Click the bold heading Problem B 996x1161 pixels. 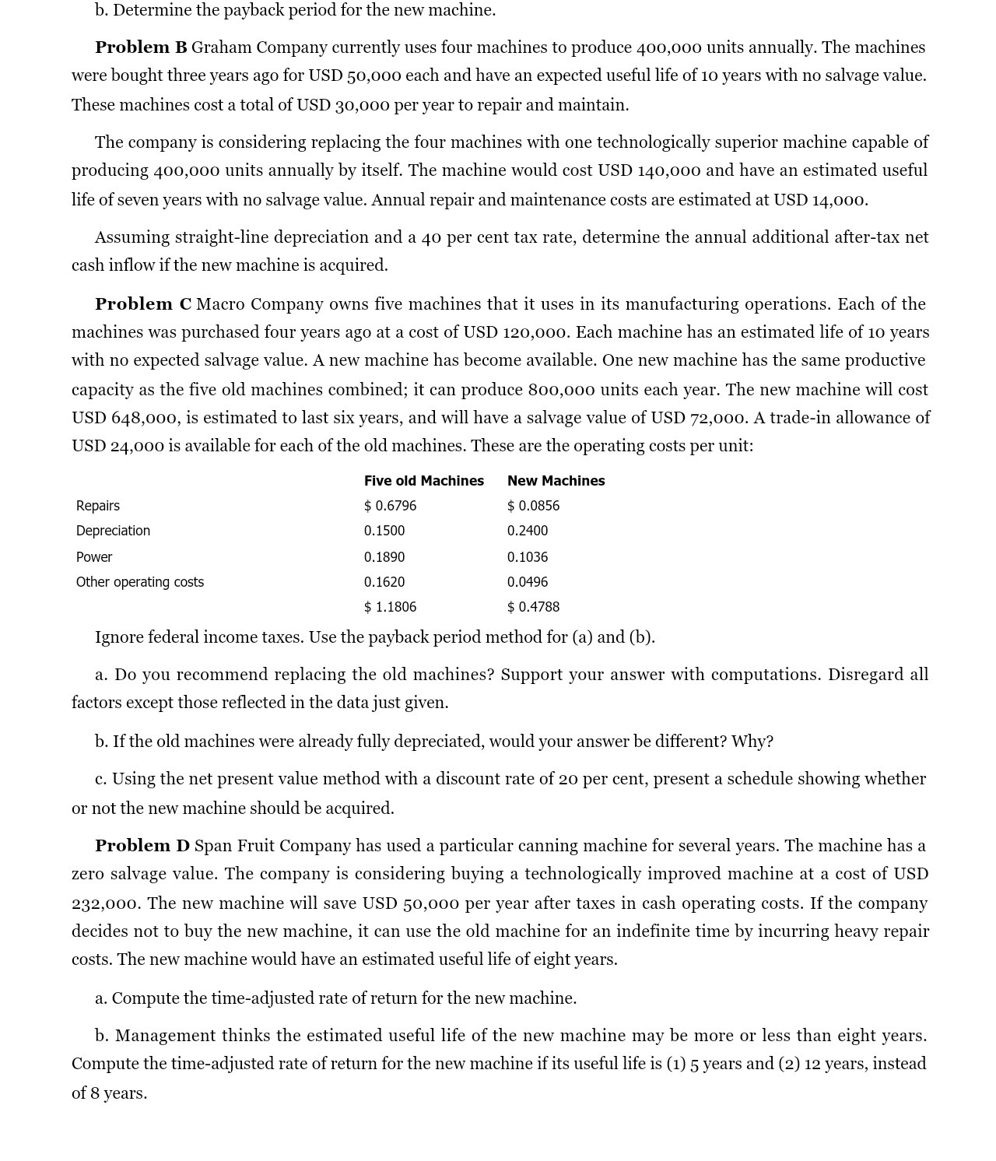tap(141, 47)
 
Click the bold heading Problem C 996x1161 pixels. tap(142, 304)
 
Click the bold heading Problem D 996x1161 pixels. tap(142, 846)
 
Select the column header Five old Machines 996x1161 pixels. tap(423, 481)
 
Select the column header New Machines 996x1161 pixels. tap(556, 481)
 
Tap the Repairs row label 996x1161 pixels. tap(98, 506)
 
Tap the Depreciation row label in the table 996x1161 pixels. tap(113, 531)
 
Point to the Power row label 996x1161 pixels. tap(94, 557)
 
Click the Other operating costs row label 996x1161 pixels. tap(140, 582)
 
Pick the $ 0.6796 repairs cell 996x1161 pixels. tap(390, 506)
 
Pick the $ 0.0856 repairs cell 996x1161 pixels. tap(533, 506)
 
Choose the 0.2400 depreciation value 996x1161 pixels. tap(528, 531)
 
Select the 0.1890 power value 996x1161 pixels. tap(384, 557)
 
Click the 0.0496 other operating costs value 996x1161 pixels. tap(528, 582)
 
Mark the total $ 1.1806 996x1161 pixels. tap(390, 607)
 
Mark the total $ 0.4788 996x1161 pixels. tap(533, 607)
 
